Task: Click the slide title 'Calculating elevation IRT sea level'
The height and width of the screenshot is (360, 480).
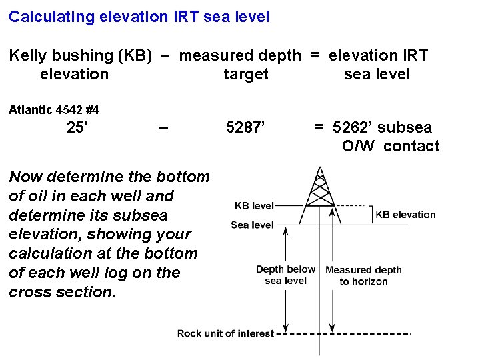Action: pos(139,17)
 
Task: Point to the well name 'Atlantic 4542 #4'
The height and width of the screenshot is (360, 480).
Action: pos(54,109)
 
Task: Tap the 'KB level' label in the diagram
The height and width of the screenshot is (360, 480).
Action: pos(254,206)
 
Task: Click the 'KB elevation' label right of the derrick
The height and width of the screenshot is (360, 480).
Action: pos(405,215)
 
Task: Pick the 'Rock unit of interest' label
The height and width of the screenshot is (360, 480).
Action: pos(225,333)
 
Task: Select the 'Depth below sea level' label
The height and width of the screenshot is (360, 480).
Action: pos(285,275)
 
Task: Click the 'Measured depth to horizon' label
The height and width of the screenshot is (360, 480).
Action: pos(363,275)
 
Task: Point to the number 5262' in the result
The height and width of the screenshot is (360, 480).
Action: pos(354,127)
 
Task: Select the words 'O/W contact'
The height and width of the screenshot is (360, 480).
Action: pos(391,146)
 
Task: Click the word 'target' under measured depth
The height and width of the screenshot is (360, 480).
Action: pos(245,74)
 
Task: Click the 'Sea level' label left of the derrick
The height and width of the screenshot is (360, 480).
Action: pos(252,225)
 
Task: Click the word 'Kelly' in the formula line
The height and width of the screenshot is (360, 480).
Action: pos(27,55)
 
